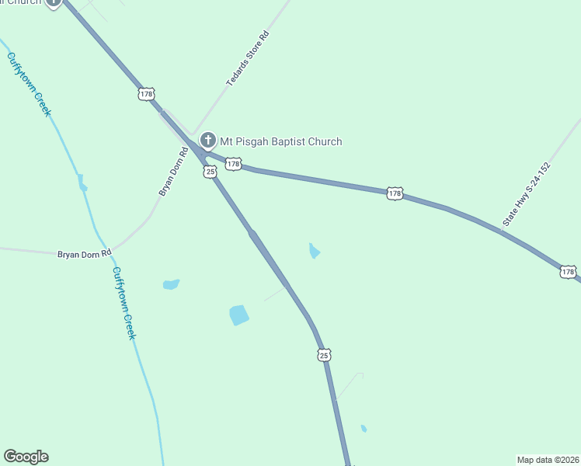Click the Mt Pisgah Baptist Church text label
[x=281, y=141]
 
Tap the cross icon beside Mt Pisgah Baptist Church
[x=207, y=141]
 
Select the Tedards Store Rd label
[x=248, y=59]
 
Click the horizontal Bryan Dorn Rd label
[x=85, y=253]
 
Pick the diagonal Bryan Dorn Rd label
[x=174, y=172]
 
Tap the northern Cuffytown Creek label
[x=29, y=84]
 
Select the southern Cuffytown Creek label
[x=124, y=303]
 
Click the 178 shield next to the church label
[x=234, y=165]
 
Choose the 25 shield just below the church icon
[x=210, y=171]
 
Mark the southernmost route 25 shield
[x=324, y=355]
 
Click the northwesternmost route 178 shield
[x=146, y=94]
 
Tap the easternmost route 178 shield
[x=568, y=272]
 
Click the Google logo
[x=26, y=457]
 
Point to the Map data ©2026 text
[x=548, y=460]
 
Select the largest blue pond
[x=239, y=315]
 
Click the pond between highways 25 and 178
[x=314, y=251]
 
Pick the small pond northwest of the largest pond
[x=171, y=284]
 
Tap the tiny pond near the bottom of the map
[x=364, y=428]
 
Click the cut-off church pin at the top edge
[x=53, y=2]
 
